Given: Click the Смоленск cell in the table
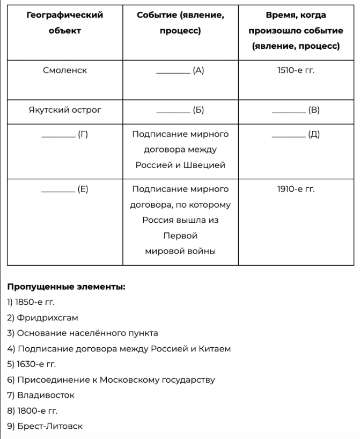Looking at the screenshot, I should pos(64,70).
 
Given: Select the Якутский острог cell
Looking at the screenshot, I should pos(64,111).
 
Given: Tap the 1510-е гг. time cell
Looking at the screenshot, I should pos(296,70).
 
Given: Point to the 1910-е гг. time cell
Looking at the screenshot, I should pos(296,189).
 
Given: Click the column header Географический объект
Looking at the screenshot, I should pos(64,23).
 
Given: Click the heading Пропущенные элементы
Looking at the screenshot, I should pos(66,287).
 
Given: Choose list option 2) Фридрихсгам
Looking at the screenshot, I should pos(42,318).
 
